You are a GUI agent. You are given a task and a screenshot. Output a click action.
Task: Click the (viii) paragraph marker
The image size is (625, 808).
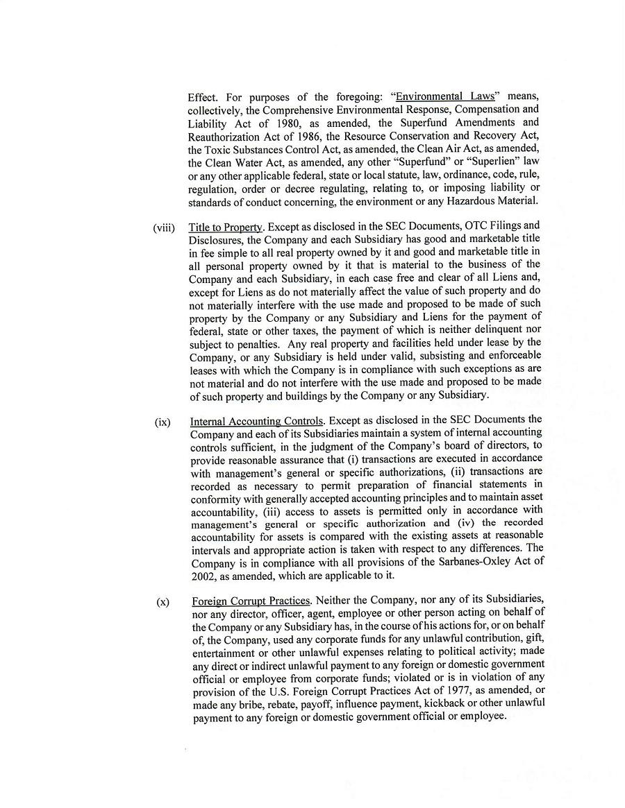[164, 227]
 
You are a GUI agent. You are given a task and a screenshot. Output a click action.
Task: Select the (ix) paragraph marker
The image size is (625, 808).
[162, 422]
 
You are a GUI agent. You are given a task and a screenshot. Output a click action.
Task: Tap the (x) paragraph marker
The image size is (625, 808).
[162, 602]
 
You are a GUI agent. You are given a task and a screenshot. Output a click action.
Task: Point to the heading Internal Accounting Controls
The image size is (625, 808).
[256, 421]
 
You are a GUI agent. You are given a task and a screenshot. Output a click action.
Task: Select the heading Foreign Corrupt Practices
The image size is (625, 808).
[251, 601]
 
